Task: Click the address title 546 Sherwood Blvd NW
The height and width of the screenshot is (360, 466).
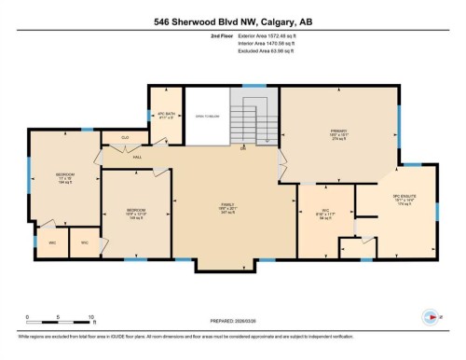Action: (x=232, y=20)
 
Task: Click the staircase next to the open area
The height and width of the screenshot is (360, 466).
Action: (x=256, y=117)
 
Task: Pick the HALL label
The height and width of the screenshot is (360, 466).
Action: (x=136, y=157)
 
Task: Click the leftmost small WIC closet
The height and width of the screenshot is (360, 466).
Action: (x=52, y=242)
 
